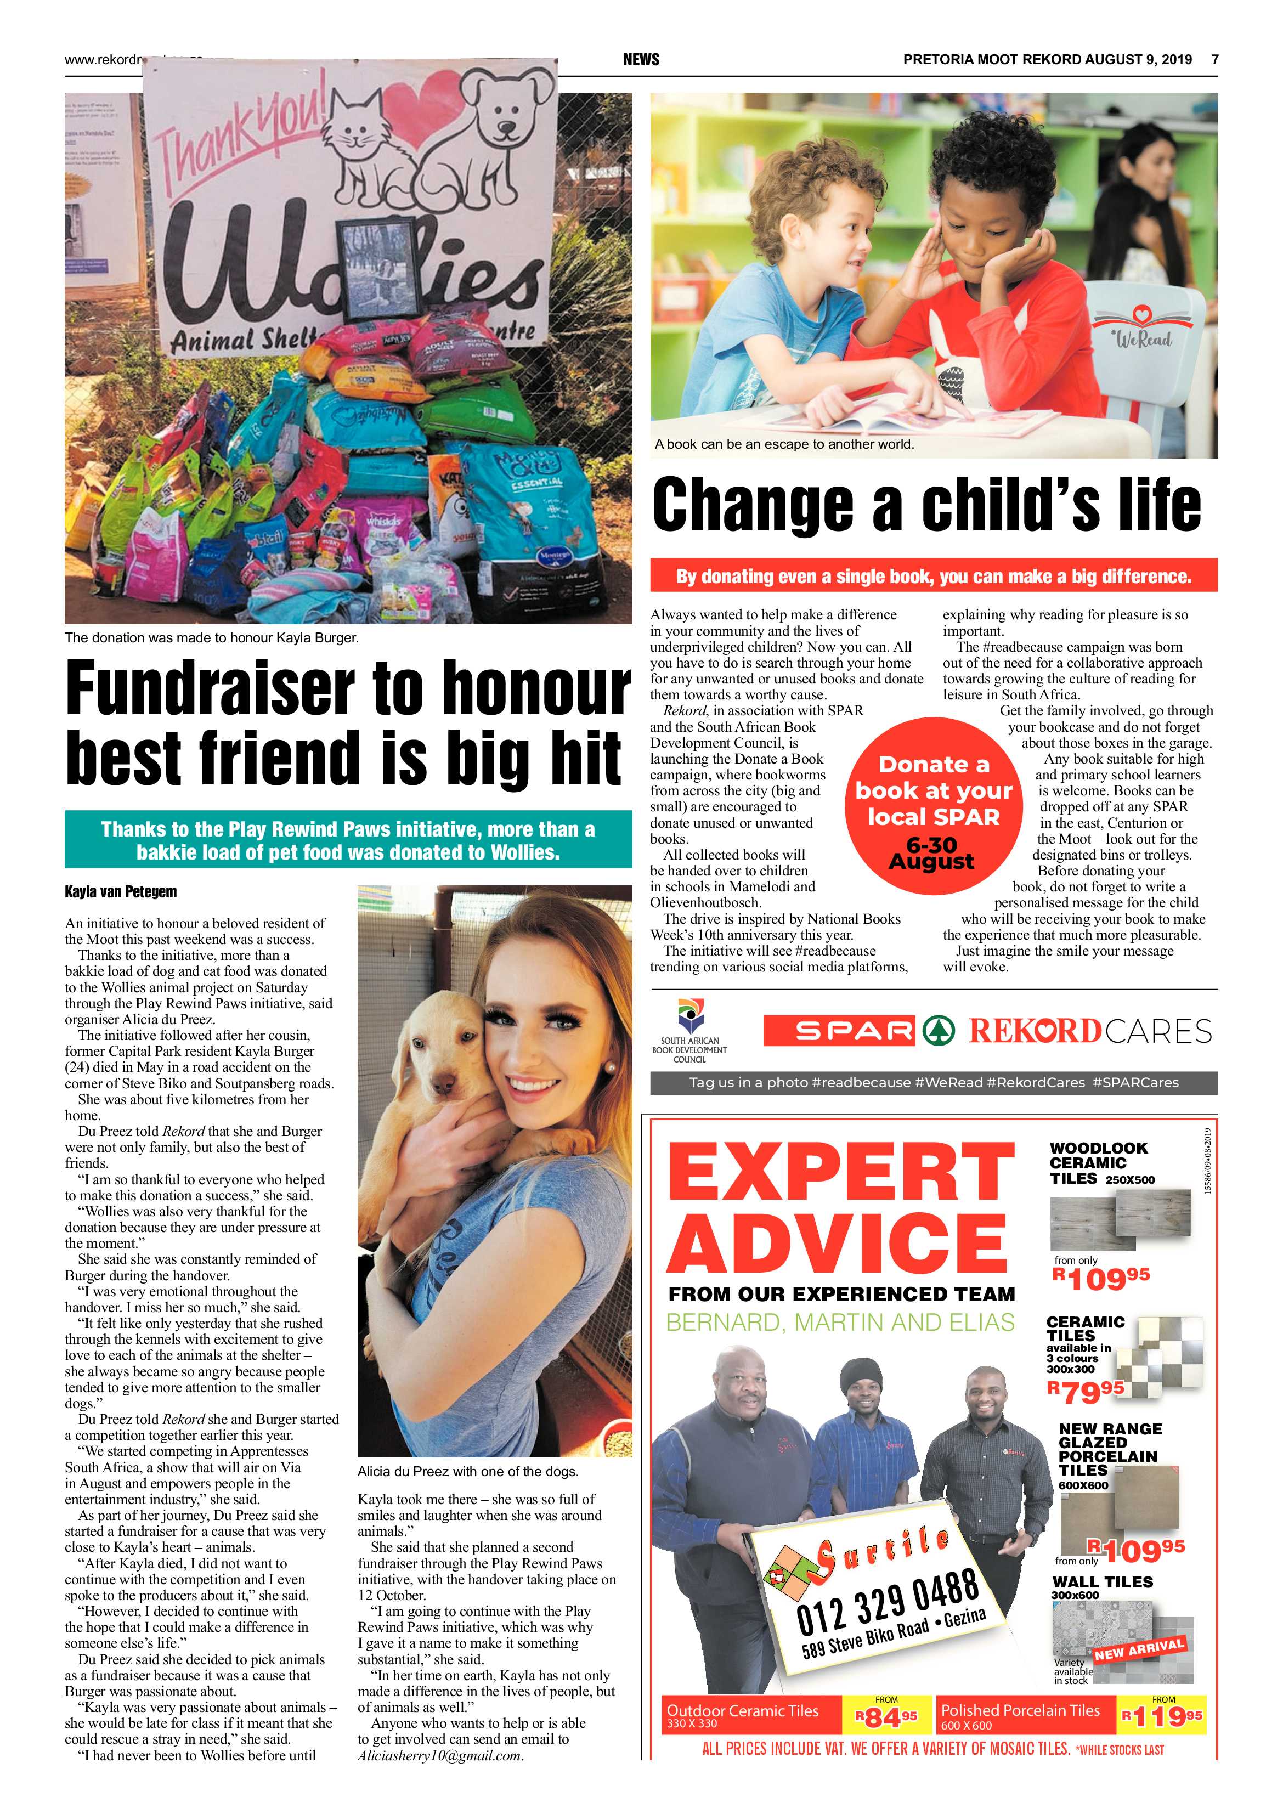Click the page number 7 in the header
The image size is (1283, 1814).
(x=1215, y=59)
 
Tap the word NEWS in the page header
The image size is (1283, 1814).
(x=641, y=59)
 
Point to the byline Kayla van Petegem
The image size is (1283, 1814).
(x=121, y=892)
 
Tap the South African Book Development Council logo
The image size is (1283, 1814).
(x=689, y=1032)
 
